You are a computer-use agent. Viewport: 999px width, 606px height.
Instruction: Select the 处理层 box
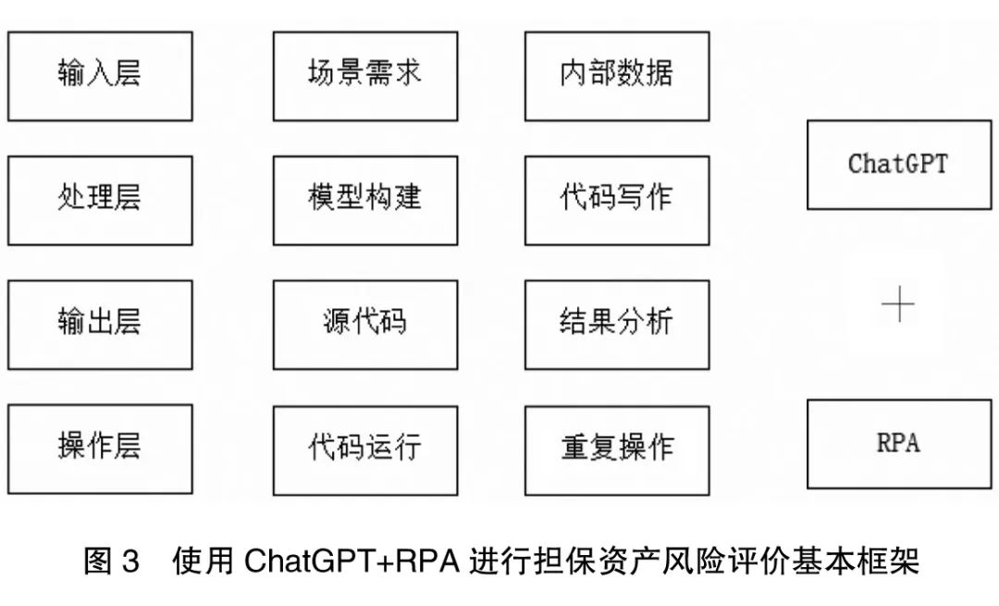click(x=100, y=200)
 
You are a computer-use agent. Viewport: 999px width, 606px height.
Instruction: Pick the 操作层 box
click(x=100, y=449)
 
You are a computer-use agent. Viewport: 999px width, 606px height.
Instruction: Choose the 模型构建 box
click(x=364, y=200)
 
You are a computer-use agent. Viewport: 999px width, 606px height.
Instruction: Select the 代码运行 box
click(x=364, y=449)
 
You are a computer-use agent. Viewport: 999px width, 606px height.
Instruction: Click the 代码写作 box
click(x=616, y=200)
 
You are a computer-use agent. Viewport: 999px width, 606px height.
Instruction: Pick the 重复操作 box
click(x=616, y=449)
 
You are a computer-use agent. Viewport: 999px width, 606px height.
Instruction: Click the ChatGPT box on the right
click(x=898, y=165)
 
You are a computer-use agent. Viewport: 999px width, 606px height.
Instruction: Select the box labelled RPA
click(x=898, y=443)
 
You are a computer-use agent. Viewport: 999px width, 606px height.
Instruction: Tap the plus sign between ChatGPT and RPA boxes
click(x=898, y=304)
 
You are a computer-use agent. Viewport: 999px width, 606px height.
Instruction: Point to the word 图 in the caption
click(x=97, y=562)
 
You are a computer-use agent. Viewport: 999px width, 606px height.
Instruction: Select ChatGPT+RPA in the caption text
click(x=351, y=562)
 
